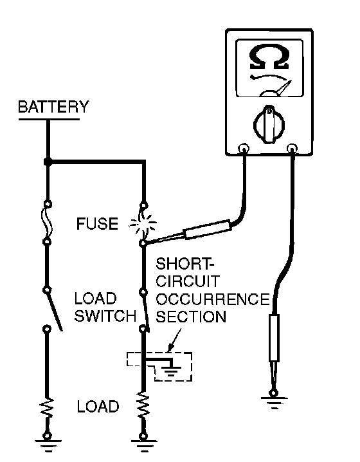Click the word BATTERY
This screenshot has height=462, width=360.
53,107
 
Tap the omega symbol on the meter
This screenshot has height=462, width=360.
269,57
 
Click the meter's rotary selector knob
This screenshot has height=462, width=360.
269,124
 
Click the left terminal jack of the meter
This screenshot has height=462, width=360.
244,148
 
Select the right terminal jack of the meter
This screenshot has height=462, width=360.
292,148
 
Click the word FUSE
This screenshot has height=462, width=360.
97,224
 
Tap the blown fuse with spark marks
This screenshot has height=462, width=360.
143,224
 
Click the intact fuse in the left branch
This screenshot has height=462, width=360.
48,223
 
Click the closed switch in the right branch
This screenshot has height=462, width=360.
145,310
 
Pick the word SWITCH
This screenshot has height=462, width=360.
105,316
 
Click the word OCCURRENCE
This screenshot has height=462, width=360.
213,299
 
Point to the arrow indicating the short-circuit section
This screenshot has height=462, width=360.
174,340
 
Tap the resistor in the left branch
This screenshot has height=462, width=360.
48,408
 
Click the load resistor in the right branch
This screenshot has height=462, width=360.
143,405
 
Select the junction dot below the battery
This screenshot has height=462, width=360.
48,162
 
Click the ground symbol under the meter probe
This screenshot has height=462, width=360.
274,402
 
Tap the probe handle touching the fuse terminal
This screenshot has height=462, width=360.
207,230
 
